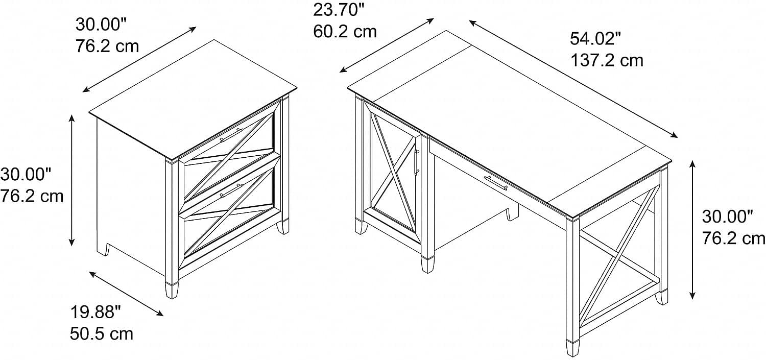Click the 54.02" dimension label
(595, 39)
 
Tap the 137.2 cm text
(607, 61)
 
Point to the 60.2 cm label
(345, 32)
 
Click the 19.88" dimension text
(96, 312)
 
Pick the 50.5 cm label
(102, 333)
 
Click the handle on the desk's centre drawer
(496, 183)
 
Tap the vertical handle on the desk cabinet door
(417, 162)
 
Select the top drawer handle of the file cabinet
(231, 135)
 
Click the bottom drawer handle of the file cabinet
(231, 190)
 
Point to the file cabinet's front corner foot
(172, 290)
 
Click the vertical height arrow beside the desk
(692, 230)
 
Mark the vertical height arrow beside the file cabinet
(71, 180)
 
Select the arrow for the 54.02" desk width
(573, 79)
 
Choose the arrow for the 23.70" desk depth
(387, 45)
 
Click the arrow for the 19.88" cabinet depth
(126, 294)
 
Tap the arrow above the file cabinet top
(139, 59)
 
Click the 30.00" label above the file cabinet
(101, 25)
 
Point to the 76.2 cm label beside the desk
(733, 238)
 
